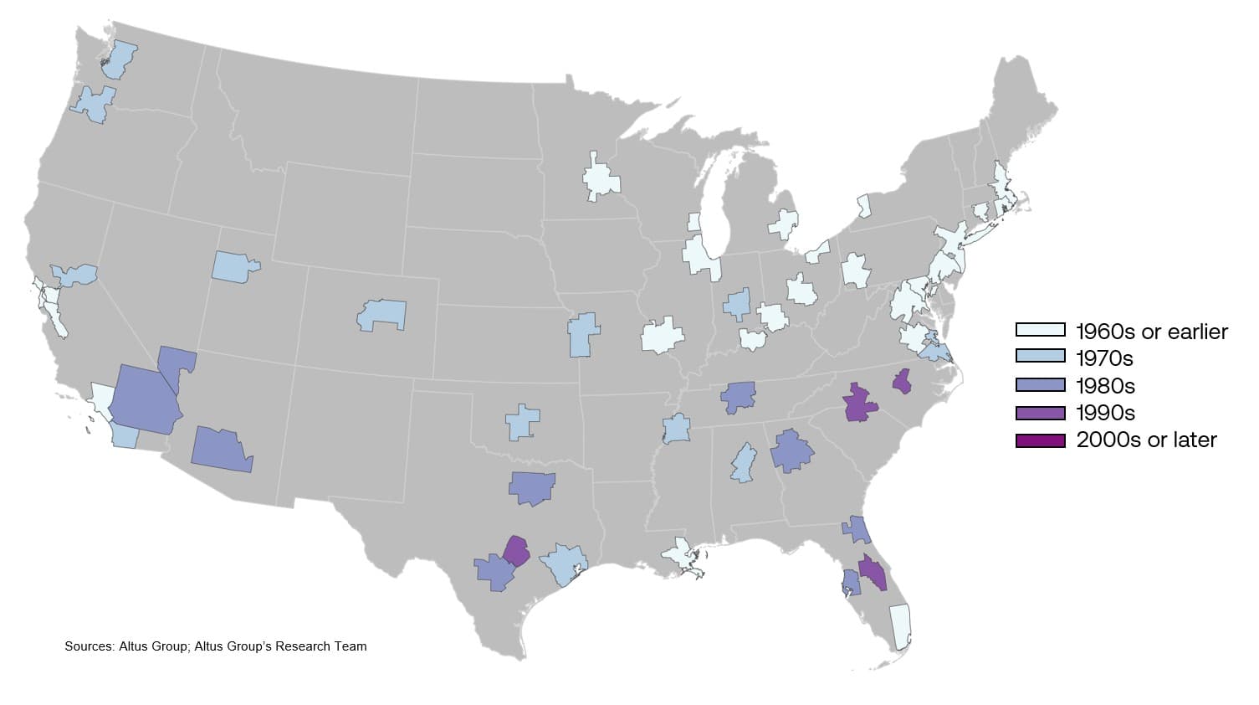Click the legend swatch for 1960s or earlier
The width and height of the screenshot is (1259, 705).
(1040, 331)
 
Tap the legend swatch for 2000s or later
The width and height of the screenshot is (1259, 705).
(1040, 440)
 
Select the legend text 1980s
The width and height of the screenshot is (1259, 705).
(1105, 386)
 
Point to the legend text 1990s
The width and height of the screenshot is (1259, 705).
(1105, 413)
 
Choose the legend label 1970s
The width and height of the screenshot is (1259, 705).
(1104, 358)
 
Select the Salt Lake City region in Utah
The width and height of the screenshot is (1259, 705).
(233, 266)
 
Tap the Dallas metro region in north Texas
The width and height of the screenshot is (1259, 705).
(531, 486)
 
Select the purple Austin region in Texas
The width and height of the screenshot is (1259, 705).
(516, 552)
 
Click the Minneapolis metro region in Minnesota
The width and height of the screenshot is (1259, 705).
(601, 179)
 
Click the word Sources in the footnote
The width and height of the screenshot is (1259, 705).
(88, 646)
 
